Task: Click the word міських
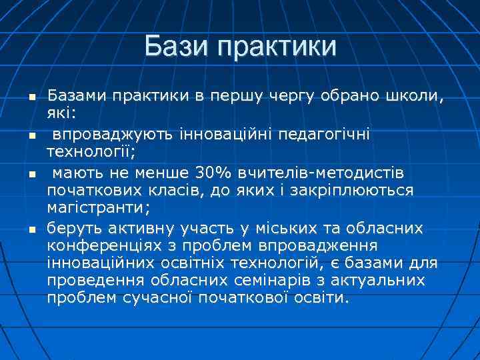(x=285, y=229)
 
